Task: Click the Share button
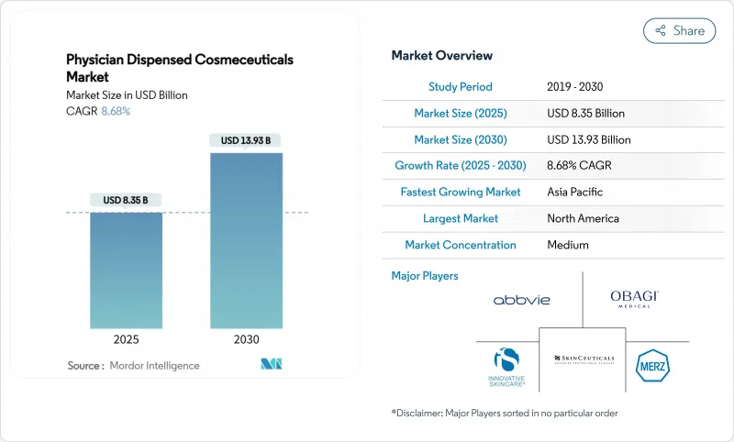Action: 679,30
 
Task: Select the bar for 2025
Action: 126,271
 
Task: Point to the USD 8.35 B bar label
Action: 126,200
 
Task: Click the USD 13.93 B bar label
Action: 246,140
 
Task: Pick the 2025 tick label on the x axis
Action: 126,338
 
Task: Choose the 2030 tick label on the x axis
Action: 246,338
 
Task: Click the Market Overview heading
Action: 441,56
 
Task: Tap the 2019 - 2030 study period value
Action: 576,87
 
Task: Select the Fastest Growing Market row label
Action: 461,193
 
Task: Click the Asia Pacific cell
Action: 575,193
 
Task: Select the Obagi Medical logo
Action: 634,298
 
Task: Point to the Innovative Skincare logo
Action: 506,366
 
